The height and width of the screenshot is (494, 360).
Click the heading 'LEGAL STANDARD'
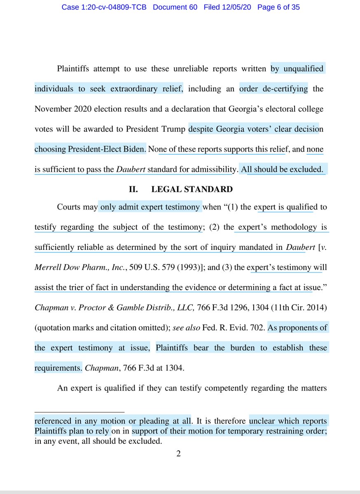pos(192,189)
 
